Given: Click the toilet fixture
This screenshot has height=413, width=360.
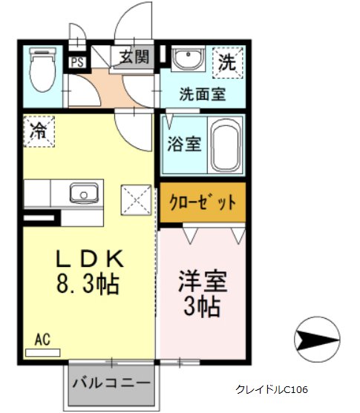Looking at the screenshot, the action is coord(43,70).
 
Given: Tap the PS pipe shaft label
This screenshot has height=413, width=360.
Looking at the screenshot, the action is coord(77,63).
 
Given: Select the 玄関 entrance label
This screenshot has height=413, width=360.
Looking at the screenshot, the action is coord(134,57).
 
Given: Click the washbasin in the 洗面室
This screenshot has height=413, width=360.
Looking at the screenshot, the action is coord(188,59).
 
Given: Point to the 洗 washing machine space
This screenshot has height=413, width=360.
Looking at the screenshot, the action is coord(228,63).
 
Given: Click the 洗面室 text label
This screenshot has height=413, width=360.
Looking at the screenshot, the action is coord(203,94).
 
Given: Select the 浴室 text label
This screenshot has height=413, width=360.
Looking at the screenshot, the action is coord(184,144).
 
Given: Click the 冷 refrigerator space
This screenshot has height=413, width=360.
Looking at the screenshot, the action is coord(39,131).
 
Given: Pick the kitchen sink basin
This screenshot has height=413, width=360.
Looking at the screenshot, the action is coord(84,194).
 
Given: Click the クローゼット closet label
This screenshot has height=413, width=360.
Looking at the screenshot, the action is coord(203,202).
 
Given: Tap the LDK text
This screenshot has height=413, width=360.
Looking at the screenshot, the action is coord(89,259).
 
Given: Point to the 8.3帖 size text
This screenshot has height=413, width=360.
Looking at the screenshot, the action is coord(88,284).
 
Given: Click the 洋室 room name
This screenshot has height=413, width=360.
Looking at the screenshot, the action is coord(203,281).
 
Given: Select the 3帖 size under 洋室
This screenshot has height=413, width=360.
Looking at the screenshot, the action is coord(202,306).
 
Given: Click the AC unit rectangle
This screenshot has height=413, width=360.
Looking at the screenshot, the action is coord(43,353).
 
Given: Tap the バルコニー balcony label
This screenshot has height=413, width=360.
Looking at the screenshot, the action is coord(111,383).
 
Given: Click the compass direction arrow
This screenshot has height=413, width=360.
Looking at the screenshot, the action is coord(317,340).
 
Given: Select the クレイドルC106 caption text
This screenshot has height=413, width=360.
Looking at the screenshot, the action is coord(272,389).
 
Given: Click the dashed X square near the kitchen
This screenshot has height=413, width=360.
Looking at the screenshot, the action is coord(136,200).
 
